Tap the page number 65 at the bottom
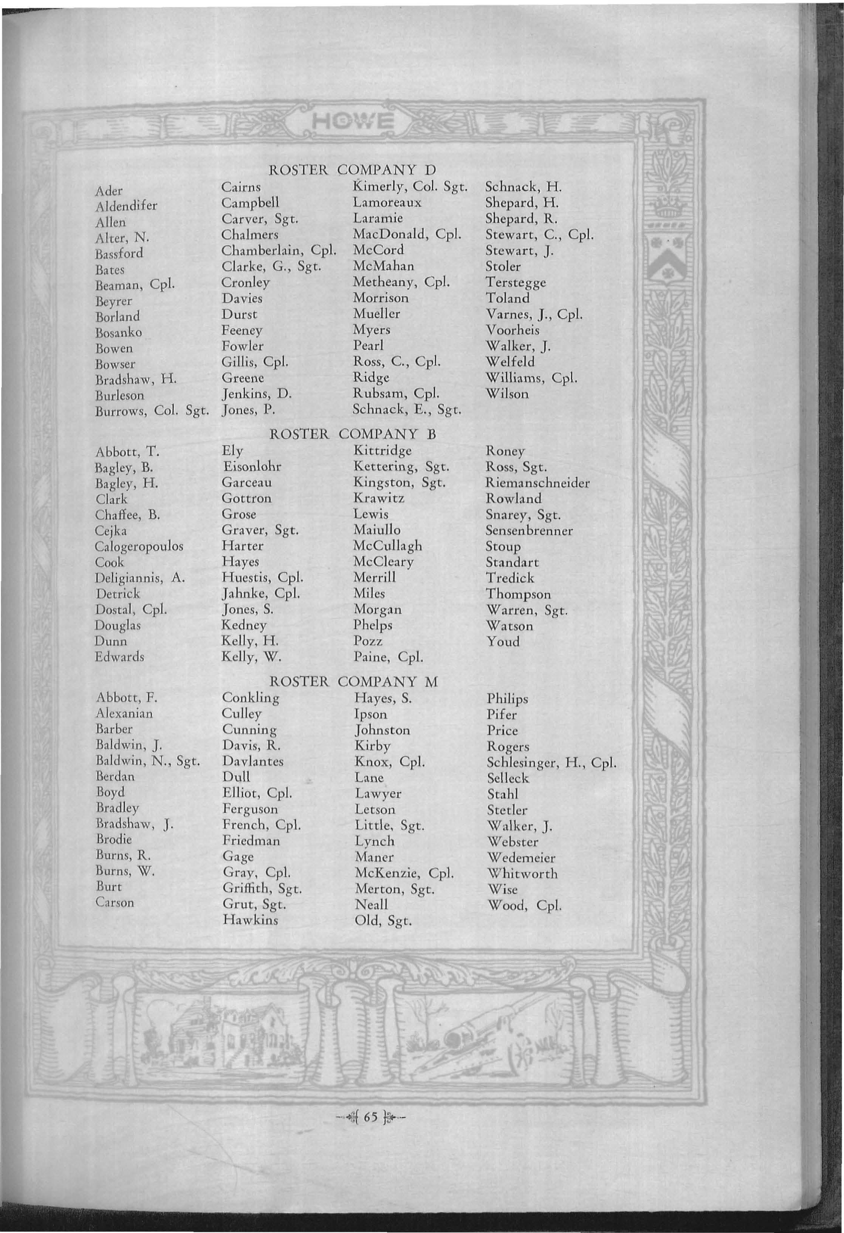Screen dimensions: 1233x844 click(x=370, y=1117)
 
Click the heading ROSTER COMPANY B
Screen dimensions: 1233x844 click(x=353, y=434)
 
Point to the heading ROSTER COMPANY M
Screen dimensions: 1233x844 click(x=353, y=681)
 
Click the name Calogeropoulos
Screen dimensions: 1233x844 click(x=139, y=546)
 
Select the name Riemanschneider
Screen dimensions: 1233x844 click(x=537, y=483)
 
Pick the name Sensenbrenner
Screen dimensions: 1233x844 click(x=529, y=530)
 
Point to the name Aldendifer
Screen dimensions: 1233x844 click(x=126, y=206)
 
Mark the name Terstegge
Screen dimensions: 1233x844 click(x=515, y=282)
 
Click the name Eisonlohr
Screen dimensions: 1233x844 click(x=252, y=466)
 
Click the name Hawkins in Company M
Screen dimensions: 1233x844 click(x=250, y=920)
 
